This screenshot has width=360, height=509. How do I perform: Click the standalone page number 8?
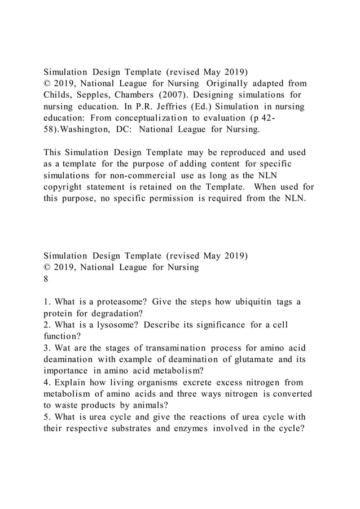click(47, 279)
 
